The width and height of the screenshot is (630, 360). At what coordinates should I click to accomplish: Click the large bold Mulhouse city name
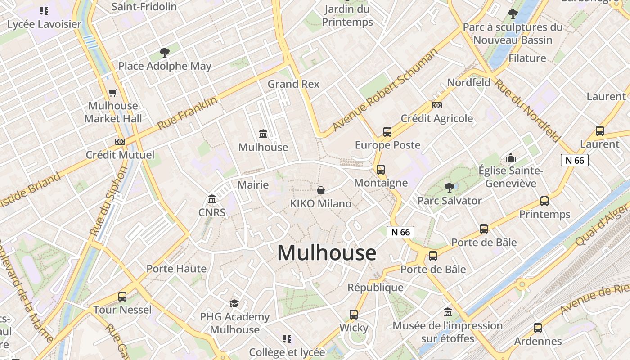tap(326, 253)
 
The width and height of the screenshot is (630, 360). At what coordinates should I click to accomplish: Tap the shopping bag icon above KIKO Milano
tap(321, 190)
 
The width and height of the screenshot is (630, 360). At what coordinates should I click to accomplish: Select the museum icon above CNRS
tap(212, 199)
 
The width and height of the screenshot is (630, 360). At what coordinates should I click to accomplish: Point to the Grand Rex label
tap(293, 84)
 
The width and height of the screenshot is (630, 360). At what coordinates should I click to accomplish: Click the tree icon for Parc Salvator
tap(449, 187)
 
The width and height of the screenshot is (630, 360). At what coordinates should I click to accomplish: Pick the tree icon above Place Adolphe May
tap(165, 53)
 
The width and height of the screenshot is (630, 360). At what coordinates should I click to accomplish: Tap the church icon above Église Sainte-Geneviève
tap(511, 157)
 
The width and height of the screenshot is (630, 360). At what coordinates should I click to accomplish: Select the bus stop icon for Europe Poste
tap(387, 132)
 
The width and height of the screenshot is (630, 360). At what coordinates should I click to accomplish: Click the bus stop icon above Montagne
tap(381, 170)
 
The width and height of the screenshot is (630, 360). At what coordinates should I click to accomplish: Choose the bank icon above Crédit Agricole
tap(436, 105)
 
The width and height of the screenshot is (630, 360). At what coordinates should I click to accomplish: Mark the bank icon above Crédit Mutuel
tap(120, 142)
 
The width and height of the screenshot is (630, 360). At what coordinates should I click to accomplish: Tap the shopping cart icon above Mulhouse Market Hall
tap(112, 93)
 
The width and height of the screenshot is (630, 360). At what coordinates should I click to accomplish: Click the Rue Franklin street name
tap(188, 113)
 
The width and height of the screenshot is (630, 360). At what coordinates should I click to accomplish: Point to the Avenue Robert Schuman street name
tap(385, 90)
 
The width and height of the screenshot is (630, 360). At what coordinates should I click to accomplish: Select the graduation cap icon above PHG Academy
tap(234, 303)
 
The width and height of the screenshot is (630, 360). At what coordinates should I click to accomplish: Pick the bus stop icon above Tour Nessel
tap(122, 297)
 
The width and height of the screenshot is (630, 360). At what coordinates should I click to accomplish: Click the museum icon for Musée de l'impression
tap(448, 312)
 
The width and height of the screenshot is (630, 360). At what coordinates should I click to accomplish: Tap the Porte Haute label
tap(176, 269)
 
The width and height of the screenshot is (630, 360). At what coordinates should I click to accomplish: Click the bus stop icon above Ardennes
tap(538, 328)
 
